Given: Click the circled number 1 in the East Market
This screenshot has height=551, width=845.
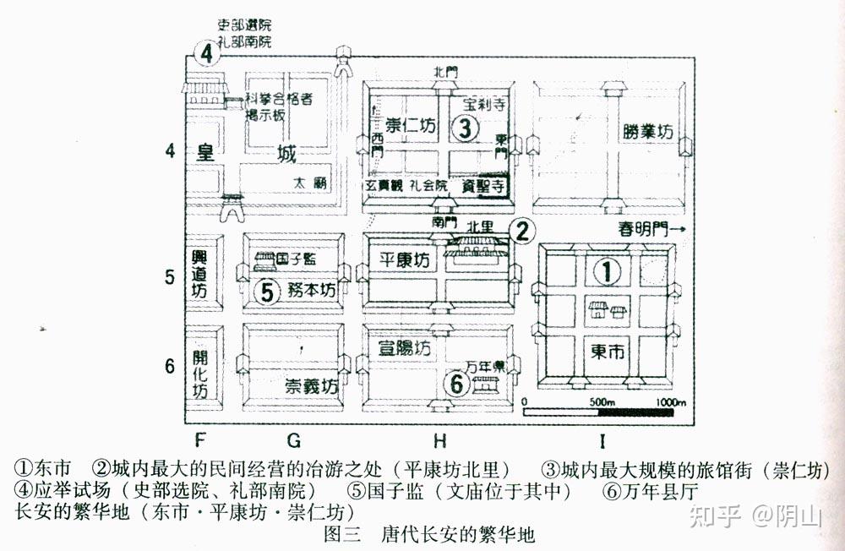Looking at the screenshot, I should click(606, 270).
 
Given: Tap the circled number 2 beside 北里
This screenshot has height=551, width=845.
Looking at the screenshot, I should click(523, 229).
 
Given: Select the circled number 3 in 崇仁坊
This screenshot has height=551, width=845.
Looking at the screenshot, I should click(464, 128).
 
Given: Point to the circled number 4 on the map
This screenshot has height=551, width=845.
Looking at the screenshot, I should click(206, 54).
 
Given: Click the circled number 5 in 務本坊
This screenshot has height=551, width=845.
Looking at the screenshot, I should click(266, 292).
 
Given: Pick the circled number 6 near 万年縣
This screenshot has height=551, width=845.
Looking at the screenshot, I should click(456, 384).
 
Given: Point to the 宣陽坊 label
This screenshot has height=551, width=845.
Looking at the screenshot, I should click(405, 348).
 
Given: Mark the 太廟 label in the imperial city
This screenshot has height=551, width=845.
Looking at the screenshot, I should click(310, 182).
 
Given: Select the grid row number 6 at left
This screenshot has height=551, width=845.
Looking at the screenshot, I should click(169, 367).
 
